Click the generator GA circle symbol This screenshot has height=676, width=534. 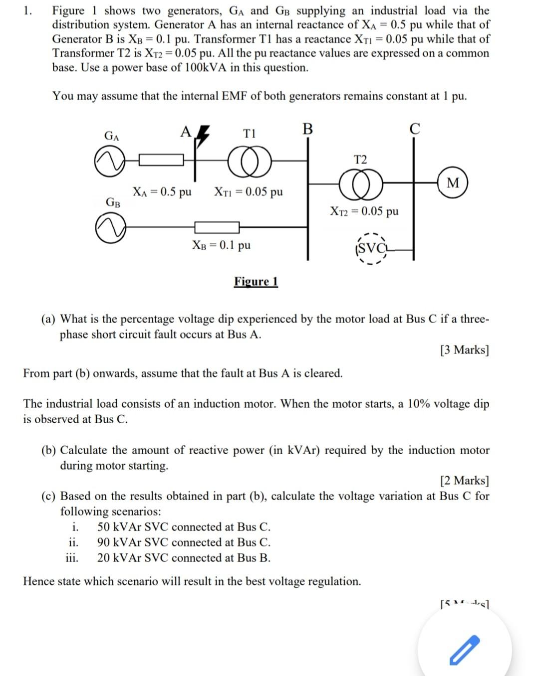tap(110, 162)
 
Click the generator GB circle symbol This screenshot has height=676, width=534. tap(110, 228)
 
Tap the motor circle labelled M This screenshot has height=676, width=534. tap(453, 183)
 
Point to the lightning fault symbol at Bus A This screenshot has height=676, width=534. tap(202, 136)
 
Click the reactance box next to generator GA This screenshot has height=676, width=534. tap(161, 161)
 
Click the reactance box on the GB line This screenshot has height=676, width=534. tap(217, 228)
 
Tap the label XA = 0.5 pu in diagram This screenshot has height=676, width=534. tap(162, 192)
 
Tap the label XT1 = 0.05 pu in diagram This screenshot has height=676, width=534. tap(248, 192)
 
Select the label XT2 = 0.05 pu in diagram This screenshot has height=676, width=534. tap(364, 211)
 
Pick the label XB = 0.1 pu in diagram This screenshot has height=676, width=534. tap(221, 245)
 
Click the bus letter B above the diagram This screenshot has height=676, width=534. tap(307, 129)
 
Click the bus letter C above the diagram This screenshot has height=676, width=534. tap(414, 129)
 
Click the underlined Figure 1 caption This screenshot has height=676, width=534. tap(256, 282)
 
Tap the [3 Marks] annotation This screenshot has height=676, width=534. tap(464, 350)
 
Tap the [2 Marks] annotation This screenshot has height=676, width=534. tap(464, 481)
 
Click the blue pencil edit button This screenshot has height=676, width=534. tap(464, 650)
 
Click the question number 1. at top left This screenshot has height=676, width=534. tap(28, 10)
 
